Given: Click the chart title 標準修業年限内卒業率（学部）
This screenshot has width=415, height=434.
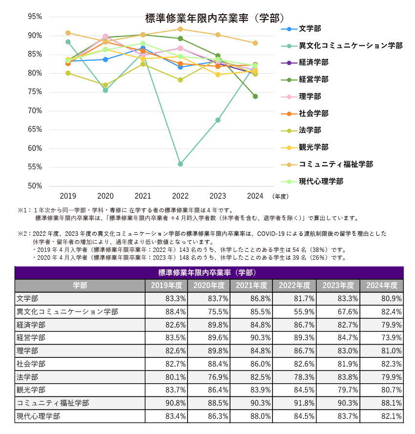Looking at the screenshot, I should point(215,19).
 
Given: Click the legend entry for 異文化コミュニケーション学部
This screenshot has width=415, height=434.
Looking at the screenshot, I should point(350,45).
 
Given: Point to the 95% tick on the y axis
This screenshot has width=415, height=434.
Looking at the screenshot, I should point(35,17).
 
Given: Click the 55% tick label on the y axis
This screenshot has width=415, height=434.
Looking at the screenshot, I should point(35,167).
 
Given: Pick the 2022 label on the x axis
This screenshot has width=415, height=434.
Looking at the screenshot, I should point(180,196).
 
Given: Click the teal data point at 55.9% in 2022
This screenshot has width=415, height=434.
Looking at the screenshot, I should point(181,164).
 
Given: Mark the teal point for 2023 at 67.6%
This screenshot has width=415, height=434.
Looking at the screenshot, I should point(218,120).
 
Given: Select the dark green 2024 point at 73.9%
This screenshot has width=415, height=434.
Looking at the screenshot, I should point(255,96).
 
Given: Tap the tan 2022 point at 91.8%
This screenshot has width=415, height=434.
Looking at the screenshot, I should point(181,29).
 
